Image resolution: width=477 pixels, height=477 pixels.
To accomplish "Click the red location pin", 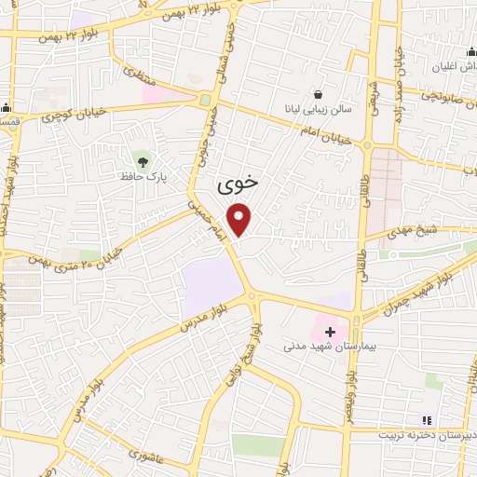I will tap(240, 220).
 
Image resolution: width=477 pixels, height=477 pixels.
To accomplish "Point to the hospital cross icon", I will tap(330, 331).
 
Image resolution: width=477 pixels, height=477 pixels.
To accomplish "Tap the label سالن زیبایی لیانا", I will tap(320, 109).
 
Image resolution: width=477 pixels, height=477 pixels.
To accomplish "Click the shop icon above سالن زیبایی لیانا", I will tap(320, 94).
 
